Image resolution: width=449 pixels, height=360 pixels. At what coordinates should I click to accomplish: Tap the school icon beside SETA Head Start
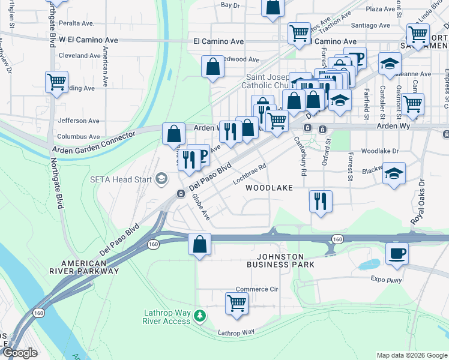click(160, 178)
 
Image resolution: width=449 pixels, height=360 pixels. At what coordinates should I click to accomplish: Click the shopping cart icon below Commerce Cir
click(237, 303)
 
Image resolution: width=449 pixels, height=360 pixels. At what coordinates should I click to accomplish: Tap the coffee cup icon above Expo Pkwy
click(396, 252)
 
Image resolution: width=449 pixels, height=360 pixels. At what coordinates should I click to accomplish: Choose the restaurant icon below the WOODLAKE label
click(321, 200)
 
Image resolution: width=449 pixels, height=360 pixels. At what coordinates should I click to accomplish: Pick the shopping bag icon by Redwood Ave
click(213, 67)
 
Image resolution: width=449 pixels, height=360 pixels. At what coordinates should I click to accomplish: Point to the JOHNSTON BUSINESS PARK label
click(282, 260)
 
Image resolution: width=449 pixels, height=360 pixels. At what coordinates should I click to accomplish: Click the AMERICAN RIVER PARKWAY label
click(90, 268)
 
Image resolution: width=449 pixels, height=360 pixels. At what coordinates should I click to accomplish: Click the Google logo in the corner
click(20, 353)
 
